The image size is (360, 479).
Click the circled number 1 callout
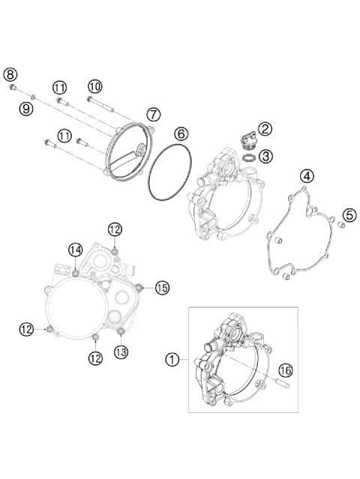click(x=173, y=359)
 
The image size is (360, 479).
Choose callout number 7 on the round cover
click(x=153, y=115)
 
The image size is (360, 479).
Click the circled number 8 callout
click(x=10, y=73)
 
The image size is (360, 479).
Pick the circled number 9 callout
click(x=26, y=108)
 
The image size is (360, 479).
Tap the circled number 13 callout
click(x=121, y=351)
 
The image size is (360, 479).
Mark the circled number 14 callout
click(x=76, y=249)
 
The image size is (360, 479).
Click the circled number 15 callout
click(x=162, y=286)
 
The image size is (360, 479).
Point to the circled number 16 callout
click(x=284, y=369)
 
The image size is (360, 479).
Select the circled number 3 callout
click(x=266, y=156)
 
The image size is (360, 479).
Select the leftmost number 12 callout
click(x=26, y=328)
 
